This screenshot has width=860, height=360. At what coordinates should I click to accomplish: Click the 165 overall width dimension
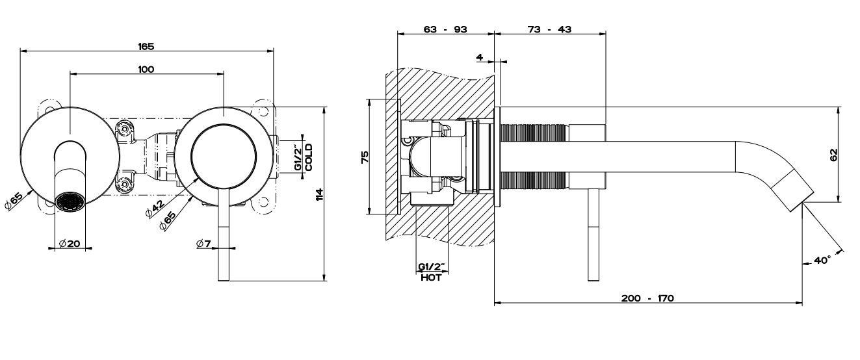[146, 46]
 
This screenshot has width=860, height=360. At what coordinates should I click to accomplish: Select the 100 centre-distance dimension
[146, 69]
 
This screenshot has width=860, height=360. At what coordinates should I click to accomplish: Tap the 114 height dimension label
[319, 194]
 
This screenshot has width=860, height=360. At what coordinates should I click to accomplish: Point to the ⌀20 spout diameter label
[70, 243]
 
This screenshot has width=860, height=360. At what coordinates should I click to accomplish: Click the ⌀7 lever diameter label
[203, 243]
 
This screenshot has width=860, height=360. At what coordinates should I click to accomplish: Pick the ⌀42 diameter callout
[155, 209]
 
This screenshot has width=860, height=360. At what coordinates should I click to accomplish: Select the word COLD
[309, 157]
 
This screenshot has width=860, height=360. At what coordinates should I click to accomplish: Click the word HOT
[431, 277]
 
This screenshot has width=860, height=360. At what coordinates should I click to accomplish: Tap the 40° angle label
[822, 260]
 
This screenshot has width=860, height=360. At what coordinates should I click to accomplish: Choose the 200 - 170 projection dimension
[647, 298]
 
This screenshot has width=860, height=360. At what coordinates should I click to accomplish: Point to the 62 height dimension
[834, 155]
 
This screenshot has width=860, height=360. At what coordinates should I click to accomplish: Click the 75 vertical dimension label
[365, 157]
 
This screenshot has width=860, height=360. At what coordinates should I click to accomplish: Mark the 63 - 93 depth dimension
[445, 29]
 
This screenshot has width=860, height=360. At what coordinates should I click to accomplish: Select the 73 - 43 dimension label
[549, 29]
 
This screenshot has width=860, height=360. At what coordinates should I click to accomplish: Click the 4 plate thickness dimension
[480, 57]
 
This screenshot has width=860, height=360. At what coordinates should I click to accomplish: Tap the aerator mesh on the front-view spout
[70, 201]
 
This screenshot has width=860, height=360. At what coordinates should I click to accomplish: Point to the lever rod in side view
[593, 235]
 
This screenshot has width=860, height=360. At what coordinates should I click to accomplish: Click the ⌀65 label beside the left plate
[14, 200]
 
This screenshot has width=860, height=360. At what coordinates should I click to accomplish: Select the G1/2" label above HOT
[431, 266]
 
